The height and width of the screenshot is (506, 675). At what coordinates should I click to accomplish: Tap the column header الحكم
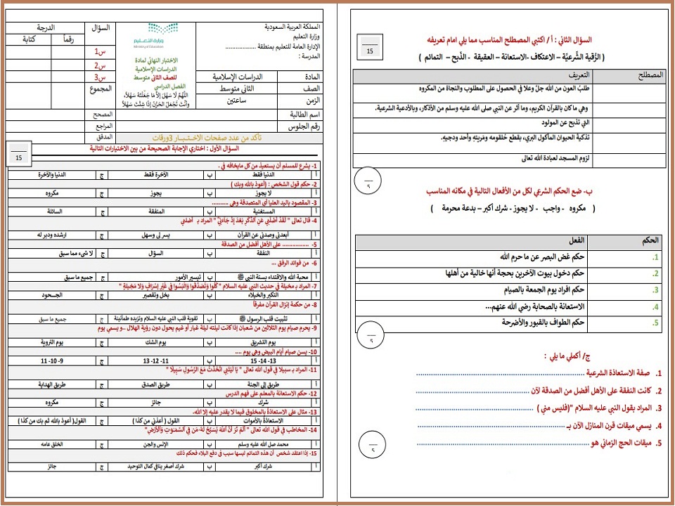[x=650, y=240]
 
